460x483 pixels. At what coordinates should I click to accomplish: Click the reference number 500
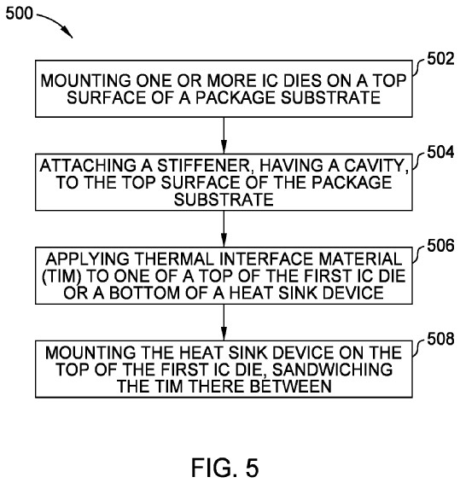point(19,14)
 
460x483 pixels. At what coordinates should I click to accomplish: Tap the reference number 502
point(440,59)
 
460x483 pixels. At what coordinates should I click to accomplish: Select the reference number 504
point(440,152)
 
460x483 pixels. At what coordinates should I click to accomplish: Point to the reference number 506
point(440,246)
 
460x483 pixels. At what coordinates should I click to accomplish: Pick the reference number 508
point(440,339)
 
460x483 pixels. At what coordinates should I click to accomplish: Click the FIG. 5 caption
point(225,468)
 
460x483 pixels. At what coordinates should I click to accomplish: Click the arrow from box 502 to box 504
point(224,135)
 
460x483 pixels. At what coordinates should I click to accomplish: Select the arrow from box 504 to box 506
point(224,229)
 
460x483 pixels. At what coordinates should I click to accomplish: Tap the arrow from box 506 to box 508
point(224,323)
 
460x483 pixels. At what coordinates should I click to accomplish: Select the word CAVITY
point(376,166)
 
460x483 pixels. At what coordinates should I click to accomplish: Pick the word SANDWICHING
point(333,370)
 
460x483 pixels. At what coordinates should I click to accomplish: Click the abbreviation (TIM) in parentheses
point(61,276)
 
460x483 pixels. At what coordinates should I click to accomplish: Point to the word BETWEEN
point(290,387)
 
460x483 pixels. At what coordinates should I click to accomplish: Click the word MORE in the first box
point(232,81)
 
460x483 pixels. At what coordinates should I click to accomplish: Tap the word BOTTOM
point(144,293)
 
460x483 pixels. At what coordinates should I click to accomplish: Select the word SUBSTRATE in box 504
point(224,200)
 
